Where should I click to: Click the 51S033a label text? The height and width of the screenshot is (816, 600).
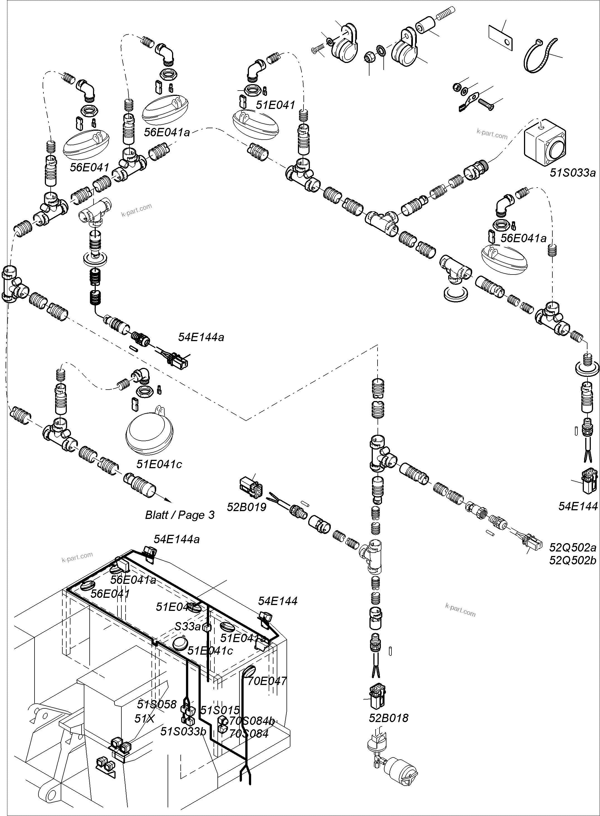click(573, 173)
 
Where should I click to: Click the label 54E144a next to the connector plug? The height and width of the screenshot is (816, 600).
click(201, 337)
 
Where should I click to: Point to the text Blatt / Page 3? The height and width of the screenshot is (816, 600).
click(180, 515)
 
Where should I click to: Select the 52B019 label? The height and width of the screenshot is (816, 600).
click(247, 507)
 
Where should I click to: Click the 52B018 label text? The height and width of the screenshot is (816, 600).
click(389, 718)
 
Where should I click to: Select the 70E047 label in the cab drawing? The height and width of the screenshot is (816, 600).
click(267, 681)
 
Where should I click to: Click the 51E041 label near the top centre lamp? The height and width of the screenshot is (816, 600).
click(275, 105)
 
